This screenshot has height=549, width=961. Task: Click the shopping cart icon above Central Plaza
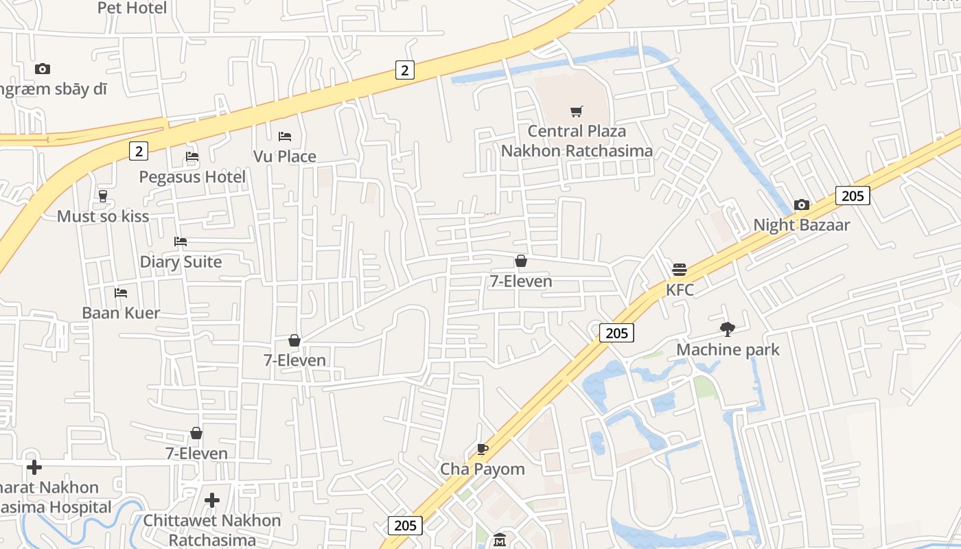click(x=577, y=111)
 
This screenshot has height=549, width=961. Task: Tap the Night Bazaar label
click(x=801, y=225)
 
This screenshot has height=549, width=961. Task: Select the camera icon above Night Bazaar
click(x=801, y=205)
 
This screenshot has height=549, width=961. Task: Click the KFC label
click(x=680, y=290)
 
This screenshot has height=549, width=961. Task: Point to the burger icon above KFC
click(x=680, y=269)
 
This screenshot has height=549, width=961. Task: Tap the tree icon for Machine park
click(x=728, y=329)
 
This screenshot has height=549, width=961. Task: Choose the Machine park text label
click(x=728, y=350)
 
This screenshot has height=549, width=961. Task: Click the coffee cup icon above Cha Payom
click(x=483, y=449)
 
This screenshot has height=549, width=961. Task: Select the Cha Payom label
click(x=482, y=469)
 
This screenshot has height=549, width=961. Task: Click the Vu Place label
click(x=285, y=156)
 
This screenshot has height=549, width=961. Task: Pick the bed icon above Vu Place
click(x=285, y=137)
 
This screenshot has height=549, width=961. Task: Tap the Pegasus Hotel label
click(x=192, y=177)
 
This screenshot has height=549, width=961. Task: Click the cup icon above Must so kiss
click(x=103, y=196)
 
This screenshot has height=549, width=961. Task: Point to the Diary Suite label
click(x=181, y=262)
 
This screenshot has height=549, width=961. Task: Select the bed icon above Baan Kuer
click(x=121, y=292)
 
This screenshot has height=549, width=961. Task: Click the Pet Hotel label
click(x=132, y=8)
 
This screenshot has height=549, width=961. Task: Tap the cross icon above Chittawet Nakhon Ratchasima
click(x=212, y=500)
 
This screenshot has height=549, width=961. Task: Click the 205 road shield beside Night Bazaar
click(x=853, y=196)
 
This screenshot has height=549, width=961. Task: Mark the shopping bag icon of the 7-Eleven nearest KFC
click(x=521, y=261)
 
